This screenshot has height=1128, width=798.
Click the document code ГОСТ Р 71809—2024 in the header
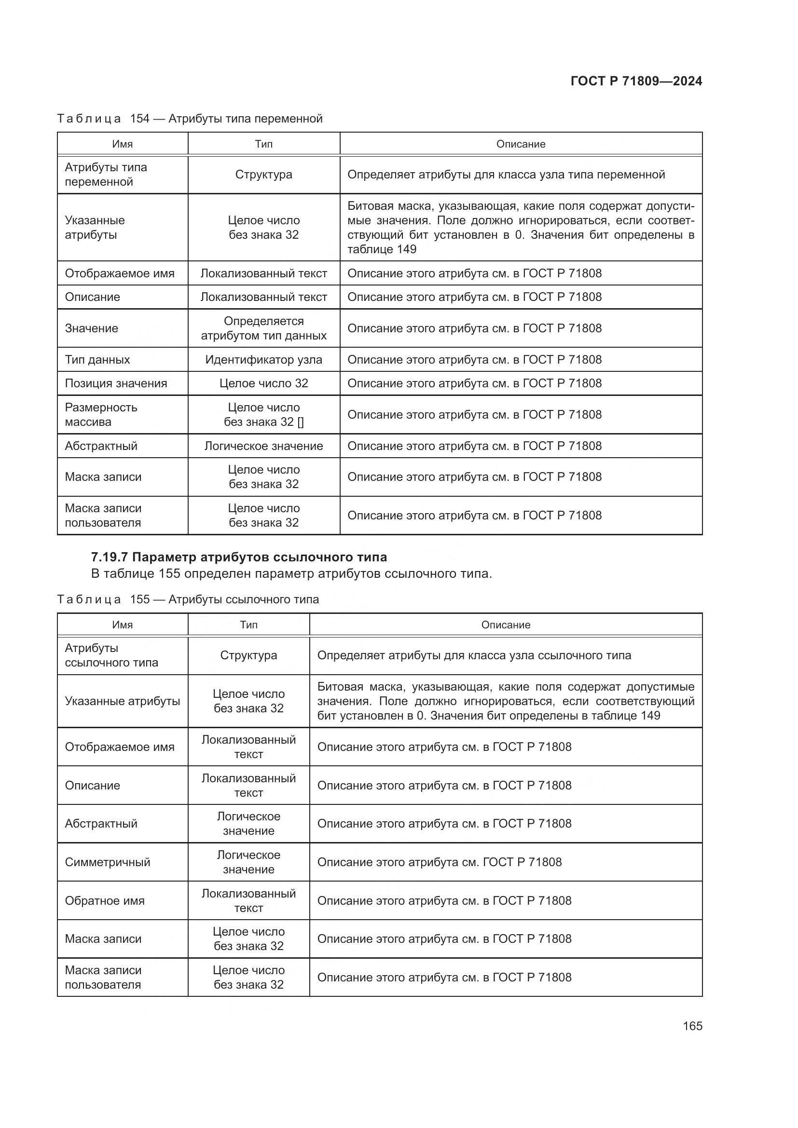[636, 81]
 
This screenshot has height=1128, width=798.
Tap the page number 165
[692, 1026]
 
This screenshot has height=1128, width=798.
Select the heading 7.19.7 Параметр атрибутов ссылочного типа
[239, 557]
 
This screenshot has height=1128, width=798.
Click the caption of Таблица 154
[190, 119]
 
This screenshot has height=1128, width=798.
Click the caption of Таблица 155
[188, 599]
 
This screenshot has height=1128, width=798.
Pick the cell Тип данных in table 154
[97, 360]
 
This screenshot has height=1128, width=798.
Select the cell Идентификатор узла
[263, 360]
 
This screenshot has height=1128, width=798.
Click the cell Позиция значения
[116, 383]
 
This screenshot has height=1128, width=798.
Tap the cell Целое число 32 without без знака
[263, 383]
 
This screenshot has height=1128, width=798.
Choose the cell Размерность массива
[101, 415]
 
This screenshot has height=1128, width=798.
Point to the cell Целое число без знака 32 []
[263, 415]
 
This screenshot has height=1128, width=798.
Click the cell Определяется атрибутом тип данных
[263, 328]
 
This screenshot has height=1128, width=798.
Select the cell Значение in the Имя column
[91, 328]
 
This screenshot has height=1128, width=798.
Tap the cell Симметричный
[108, 862]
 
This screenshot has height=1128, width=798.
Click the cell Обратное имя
[105, 900]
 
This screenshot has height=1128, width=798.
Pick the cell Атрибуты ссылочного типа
[111, 655]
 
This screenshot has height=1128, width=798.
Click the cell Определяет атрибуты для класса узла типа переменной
[506, 175]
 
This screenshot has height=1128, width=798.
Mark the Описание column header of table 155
[506, 625]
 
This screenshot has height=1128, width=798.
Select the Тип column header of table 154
[263, 144]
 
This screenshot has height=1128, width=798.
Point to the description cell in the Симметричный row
[440, 862]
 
